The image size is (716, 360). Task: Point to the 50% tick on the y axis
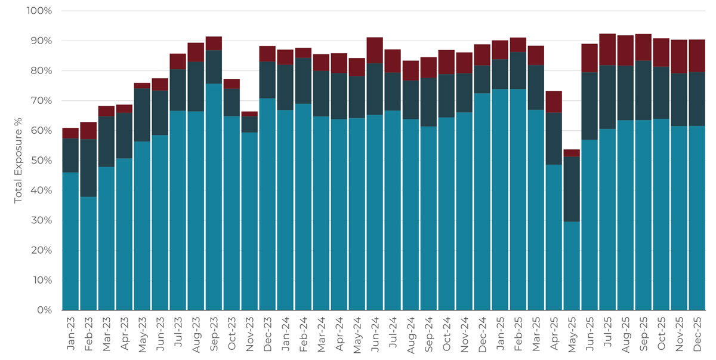[41, 161]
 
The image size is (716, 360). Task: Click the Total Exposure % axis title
[18, 161]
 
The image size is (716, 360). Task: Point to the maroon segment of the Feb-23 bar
[88, 131]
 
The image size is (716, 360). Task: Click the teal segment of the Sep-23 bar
[214, 197]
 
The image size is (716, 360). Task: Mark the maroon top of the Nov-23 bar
[249, 113]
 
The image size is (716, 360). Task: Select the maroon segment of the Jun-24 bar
[375, 50]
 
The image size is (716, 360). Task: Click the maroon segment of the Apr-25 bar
[554, 101]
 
